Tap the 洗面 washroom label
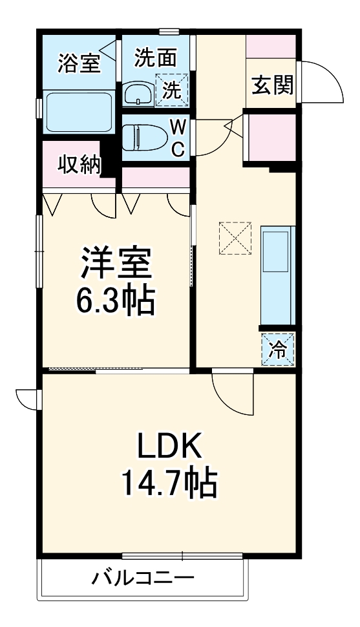click(x=155, y=58)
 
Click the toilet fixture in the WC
click(x=145, y=137)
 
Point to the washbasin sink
click(x=138, y=94)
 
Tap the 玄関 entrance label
click(x=272, y=85)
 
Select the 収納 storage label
click(x=81, y=165)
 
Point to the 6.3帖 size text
click(x=117, y=299)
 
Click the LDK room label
click(x=169, y=447)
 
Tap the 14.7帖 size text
click(x=169, y=482)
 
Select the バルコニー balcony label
click(x=142, y=577)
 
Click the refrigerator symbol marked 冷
click(x=278, y=350)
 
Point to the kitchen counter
click(x=277, y=275)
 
